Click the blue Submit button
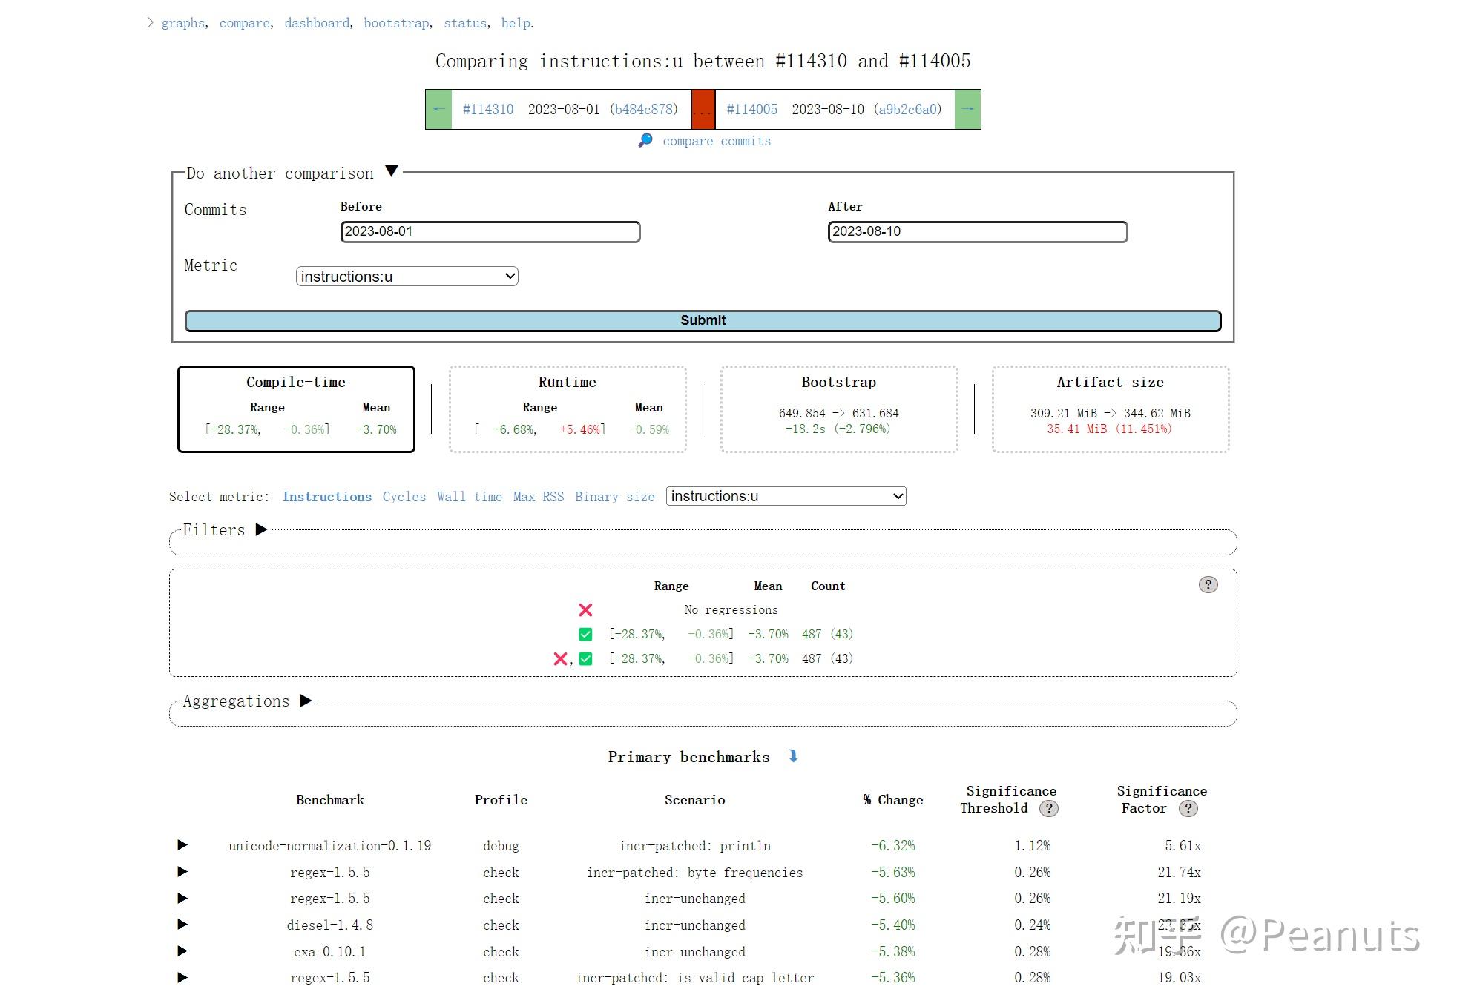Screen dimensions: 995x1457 point(703,320)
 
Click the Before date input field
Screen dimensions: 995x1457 point(490,231)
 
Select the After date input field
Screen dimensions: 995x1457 point(977,231)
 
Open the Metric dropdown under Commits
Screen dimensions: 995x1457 point(407,277)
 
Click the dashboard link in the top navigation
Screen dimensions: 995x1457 point(317,23)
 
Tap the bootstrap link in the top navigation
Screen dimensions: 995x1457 point(396,23)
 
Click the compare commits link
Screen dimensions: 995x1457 point(716,141)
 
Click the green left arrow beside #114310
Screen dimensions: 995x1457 point(438,109)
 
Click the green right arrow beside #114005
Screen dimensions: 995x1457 point(967,109)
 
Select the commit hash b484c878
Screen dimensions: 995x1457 point(643,109)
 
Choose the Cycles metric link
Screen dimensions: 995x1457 point(404,497)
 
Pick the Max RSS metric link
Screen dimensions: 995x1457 point(538,497)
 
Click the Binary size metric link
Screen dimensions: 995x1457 point(614,497)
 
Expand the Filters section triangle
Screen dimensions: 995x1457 point(261,529)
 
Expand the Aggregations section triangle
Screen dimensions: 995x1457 point(306,701)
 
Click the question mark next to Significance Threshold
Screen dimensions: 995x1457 point(1048,808)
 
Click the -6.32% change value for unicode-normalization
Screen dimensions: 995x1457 point(892,845)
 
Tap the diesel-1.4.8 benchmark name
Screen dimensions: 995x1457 point(329,925)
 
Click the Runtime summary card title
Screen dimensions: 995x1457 point(567,382)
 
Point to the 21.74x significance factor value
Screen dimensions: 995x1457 point(1179,872)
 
